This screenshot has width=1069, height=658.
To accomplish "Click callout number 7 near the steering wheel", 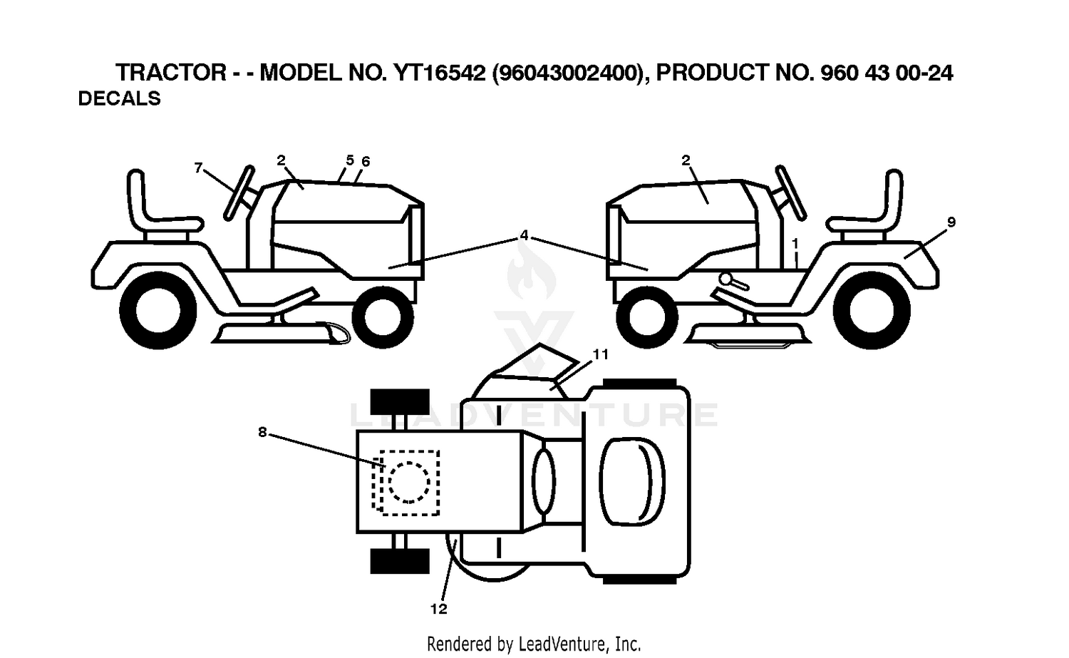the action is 199,168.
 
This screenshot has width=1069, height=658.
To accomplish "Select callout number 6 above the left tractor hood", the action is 366,161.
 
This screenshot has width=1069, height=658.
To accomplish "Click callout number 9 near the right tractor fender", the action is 951,222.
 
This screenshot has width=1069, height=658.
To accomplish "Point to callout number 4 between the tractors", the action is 525,235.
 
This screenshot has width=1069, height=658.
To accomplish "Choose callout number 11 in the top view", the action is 601,354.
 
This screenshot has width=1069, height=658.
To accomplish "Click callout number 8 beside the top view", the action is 262,432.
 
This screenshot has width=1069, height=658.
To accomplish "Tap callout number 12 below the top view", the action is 438,609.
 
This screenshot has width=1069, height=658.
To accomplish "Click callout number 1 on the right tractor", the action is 795,244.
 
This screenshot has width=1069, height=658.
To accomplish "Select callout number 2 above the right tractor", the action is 686,160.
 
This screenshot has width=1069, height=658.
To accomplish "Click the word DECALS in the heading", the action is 119,98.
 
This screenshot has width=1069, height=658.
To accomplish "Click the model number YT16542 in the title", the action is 440,73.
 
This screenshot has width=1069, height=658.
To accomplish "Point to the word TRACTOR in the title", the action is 171,73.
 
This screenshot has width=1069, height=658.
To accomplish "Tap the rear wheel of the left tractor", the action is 158,311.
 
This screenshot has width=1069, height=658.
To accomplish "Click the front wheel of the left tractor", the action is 383,317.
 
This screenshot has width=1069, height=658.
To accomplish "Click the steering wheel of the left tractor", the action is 239,193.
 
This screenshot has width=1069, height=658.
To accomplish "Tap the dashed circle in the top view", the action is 409,483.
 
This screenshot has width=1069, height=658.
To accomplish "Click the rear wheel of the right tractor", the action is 872,311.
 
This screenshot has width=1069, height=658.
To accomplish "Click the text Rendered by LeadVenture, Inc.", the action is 534,644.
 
